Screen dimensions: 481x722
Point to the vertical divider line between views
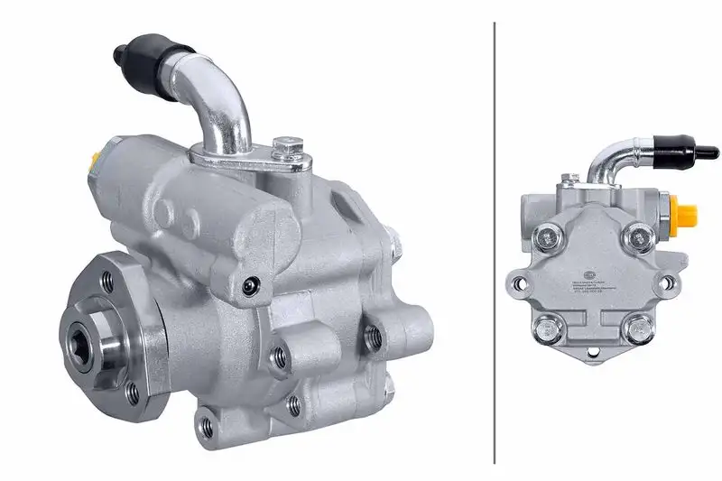coord(495,240)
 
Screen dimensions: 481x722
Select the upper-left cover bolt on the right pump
coord(548,238)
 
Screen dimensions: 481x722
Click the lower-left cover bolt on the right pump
coord(548,327)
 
